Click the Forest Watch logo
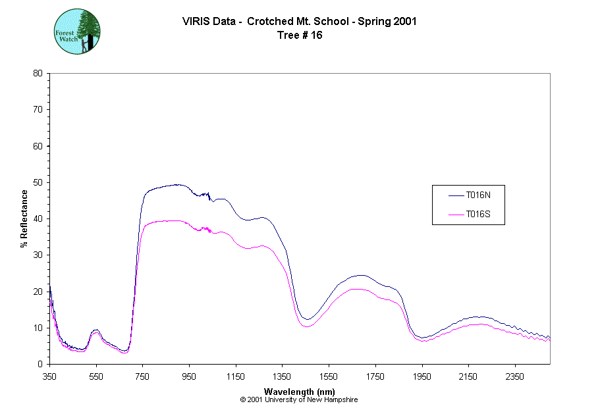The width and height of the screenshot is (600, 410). point(77,31)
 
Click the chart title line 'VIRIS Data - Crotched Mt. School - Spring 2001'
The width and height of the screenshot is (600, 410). point(300,22)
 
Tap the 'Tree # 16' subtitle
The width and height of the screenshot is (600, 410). point(300,36)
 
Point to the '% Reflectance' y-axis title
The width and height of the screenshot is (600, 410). point(24,218)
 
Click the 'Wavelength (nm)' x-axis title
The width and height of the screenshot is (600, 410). point(300,391)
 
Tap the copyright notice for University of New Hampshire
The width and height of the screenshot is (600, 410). point(300,399)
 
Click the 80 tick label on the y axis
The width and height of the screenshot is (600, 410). point(38,73)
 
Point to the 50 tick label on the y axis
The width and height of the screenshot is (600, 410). point(38,182)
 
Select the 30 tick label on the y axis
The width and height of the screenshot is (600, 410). point(38,255)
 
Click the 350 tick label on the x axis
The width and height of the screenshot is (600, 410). point(50,376)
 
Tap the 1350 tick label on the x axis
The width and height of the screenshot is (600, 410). point(282,376)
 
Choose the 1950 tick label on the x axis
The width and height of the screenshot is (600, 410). point(422,376)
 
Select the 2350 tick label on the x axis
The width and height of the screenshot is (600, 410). point(514,376)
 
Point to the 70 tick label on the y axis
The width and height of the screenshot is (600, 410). point(38,109)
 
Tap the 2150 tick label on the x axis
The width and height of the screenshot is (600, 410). point(468,376)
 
